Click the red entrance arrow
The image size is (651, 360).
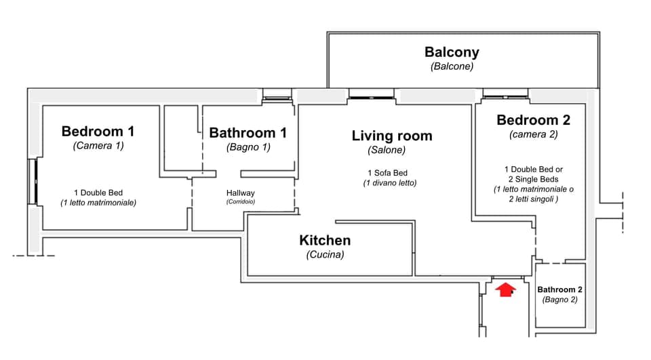coord(505,290)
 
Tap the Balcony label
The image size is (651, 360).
coord(452,52)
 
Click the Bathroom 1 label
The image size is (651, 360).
coord(248,133)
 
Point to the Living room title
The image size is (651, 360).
coord(391,136)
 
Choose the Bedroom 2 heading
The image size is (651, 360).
coord(533,120)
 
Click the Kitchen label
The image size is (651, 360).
coord(325,240)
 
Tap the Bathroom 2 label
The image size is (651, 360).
coord(559,289)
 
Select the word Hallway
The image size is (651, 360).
coord(240,193)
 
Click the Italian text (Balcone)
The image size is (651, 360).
coord(452,66)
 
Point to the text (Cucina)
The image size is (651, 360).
coord(325,255)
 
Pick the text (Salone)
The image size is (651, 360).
coord(387,150)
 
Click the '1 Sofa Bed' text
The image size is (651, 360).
coord(389,173)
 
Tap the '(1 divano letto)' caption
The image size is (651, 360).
coord(389,183)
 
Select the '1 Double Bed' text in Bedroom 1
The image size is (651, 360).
coord(98,192)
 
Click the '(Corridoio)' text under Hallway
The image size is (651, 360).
coord(240,201)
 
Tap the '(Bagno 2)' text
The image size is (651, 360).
coord(559,300)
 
